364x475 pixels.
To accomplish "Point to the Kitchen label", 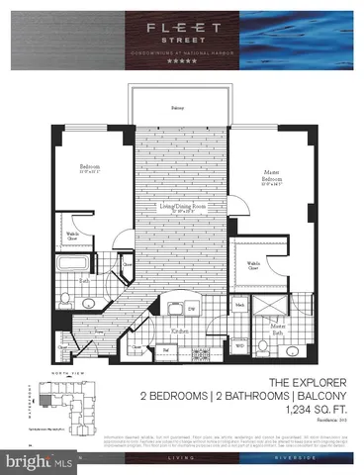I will pos(180,330).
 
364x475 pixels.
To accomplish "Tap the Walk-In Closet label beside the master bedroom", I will pos(254,264).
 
